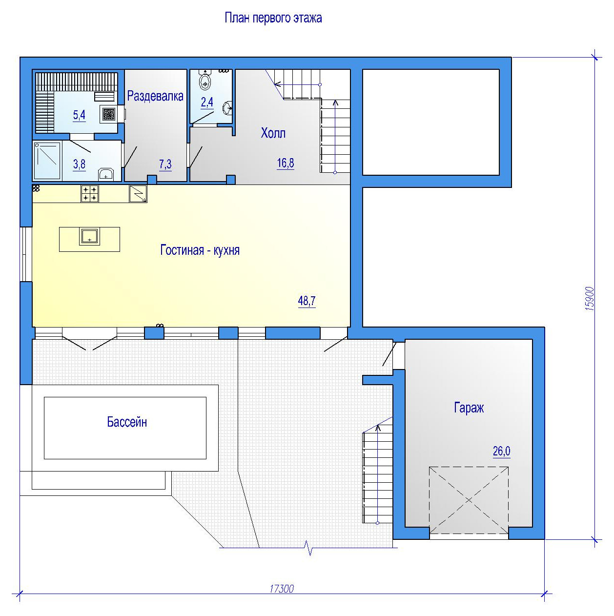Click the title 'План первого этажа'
pos(273,18)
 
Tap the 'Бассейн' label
pos(127,422)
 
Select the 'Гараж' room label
pos(469,408)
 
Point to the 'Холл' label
pos(273,133)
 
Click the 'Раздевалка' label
pos(155,96)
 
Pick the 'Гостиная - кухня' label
pos(200,250)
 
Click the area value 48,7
pos(307,301)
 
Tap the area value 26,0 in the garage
pos(501,451)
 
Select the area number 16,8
pos(285,163)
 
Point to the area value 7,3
pos(165,164)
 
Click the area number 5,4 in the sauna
pos(79,115)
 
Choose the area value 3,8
pos(79,164)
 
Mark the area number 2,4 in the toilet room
pos(207,103)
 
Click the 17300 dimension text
pos(282,589)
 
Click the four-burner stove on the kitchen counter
pos(90,194)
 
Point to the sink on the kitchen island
pos(89,236)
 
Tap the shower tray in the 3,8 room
pos(47,161)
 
